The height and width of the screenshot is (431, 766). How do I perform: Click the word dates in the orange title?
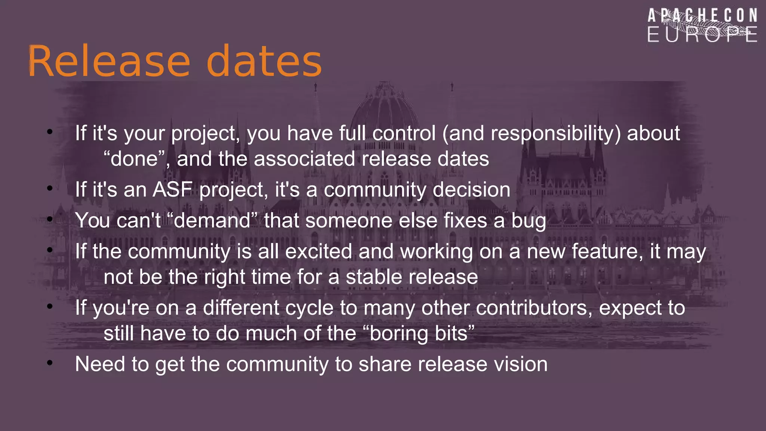pyautogui.click(x=264, y=61)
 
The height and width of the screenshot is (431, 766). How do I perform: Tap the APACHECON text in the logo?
pyautogui.click(x=702, y=16)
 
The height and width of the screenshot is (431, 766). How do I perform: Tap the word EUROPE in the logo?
pyautogui.click(x=702, y=35)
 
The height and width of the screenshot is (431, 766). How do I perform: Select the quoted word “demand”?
pyautogui.click(x=212, y=220)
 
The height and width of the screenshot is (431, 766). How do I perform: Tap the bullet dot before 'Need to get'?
pyautogui.click(x=50, y=363)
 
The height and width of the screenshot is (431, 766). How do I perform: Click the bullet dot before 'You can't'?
pyautogui.click(x=50, y=219)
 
